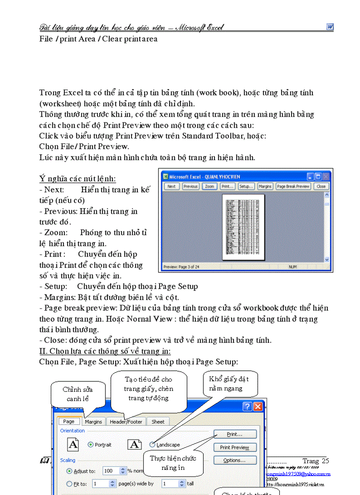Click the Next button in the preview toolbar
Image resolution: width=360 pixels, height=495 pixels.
click(171, 186)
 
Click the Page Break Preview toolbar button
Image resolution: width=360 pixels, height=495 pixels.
click(293, 186)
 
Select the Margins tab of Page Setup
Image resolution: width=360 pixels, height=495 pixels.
click(93, 422)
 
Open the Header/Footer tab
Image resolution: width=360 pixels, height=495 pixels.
click(126, 422)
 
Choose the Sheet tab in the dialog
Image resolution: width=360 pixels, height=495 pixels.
click(158, 422)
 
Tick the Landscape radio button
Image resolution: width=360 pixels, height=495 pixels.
click(152, 445)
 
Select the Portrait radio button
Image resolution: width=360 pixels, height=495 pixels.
click(91, 445)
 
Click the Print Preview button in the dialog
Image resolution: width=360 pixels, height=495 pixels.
click(234, 447)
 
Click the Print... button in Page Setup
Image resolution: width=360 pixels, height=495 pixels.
click(234, 434)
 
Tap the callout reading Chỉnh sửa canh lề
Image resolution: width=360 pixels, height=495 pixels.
click(78, 394)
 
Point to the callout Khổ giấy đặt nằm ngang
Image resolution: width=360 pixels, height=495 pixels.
click(225, 384)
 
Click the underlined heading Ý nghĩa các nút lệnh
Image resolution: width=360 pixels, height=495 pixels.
click(77, 179)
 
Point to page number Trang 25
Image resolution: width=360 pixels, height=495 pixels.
click(315, 461)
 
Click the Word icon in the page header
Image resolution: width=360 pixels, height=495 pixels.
click(330, 27)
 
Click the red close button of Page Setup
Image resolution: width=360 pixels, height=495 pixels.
click(258, 406)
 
